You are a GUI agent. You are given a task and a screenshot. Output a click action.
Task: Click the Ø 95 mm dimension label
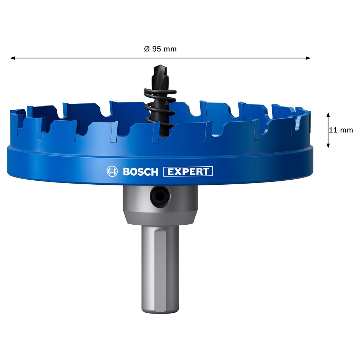pyautogui.click(x=160, y=49)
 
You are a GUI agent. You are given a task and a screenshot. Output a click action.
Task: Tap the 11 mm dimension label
pyautogui.click(x=341, y=130)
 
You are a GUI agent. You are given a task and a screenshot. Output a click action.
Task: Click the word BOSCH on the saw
pyautogui.click(x=140, y=172)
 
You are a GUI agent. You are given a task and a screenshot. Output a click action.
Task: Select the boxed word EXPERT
pyautogui.click(x=188, y=171)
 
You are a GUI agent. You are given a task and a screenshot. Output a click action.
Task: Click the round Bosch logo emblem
pyautogui.click(x=112, y=171)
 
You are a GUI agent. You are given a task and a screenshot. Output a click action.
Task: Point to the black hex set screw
pyautogui.click(x=160, y=197)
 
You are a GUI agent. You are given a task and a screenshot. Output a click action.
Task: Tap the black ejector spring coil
pyautogui.click(x=160, y=108)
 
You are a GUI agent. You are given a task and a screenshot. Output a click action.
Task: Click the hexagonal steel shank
pyautogui.click(x=160, y=269)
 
